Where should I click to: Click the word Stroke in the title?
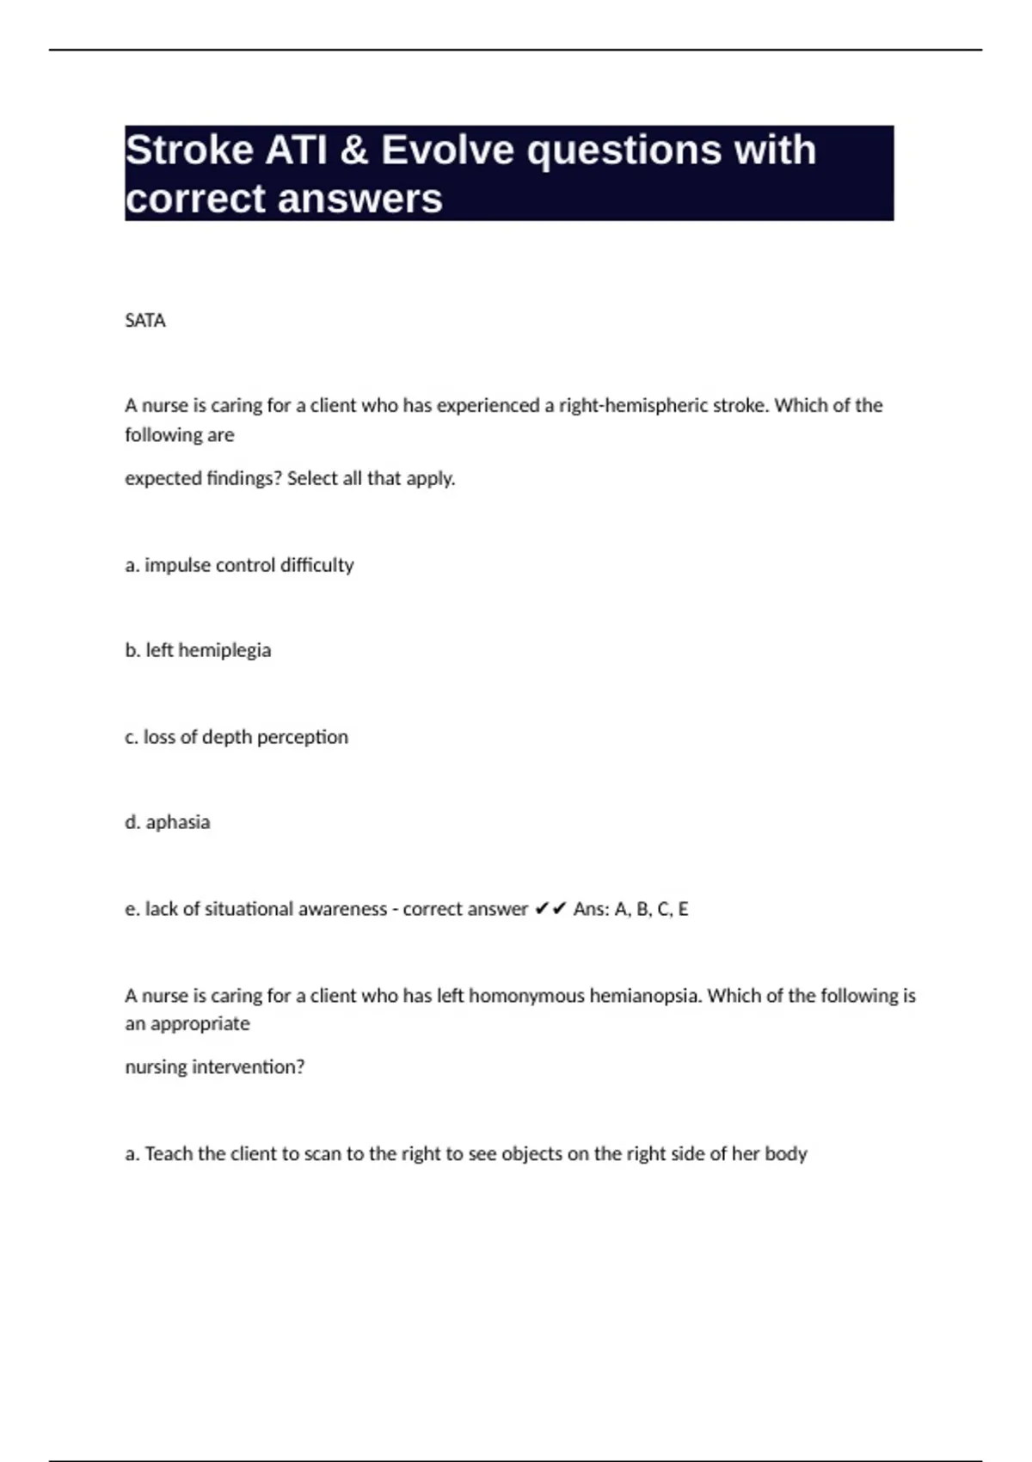(x=188, y=150)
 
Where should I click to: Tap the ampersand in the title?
(x=353, y=150)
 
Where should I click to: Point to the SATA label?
(x=145, y=321)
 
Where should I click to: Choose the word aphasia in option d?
(x=178, y=822)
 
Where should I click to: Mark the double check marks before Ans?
(x=550, y=909)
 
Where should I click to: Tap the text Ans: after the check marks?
(x=591, y=909)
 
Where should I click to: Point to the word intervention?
(x=248, y=1067)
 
